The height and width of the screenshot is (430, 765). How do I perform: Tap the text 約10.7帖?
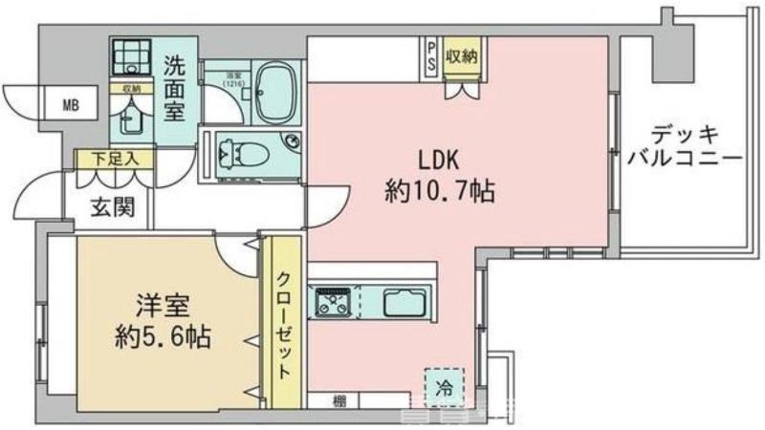tap(439, 192)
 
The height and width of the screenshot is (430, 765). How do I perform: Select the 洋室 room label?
tap(159, 308)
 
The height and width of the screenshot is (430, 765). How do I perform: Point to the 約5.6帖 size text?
tap(159, 337)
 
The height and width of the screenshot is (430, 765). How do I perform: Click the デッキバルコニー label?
tap(683, 145)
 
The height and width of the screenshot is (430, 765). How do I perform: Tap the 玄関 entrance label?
tap(106, 204)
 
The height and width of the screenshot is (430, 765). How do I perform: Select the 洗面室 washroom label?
tap(175, 89)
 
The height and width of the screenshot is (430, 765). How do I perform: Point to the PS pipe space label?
tap(432, 54)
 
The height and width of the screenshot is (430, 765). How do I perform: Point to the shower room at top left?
tap(130, 58)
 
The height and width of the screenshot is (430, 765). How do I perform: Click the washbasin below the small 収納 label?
tap(131, 120)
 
